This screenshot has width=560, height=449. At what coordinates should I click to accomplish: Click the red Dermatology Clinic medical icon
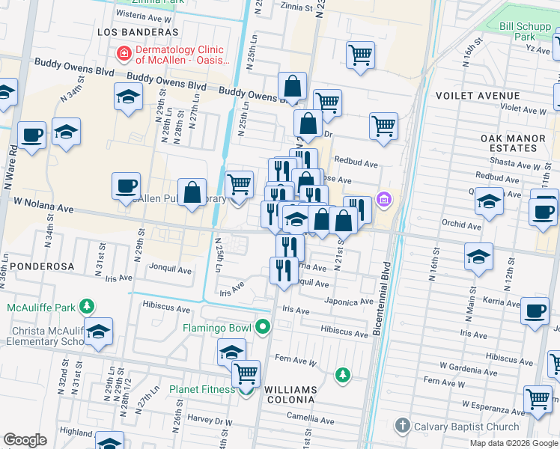tap(124, 54)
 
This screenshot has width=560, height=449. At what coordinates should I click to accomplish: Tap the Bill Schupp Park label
tap(517, 31)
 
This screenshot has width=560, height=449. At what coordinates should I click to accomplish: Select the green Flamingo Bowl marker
tap(262, 327)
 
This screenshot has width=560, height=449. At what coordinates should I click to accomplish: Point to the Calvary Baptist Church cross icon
tap(403, 427)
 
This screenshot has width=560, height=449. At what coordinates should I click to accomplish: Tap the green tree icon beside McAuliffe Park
tap(88, 307)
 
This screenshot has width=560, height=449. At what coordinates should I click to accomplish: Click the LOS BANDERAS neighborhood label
tap(139, 33)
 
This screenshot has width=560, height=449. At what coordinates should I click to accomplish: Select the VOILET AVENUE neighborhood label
tap(487, 96)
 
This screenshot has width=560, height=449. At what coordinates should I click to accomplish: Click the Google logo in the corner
tap(25, 440)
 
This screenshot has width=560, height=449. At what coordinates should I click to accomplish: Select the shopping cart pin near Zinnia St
tap(360, 55)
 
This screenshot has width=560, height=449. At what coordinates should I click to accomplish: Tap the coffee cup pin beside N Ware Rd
tap(31, 136)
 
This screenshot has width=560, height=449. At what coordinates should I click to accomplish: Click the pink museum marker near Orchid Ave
tap(384, 199)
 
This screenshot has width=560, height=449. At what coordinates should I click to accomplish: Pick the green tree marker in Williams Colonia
tap(342, 374)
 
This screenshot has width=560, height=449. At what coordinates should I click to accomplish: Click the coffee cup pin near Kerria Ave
tap(535, 311)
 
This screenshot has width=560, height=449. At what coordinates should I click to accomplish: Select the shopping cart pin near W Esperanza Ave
tap(538, 400)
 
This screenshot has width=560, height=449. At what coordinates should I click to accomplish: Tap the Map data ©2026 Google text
tap(514, 443)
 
